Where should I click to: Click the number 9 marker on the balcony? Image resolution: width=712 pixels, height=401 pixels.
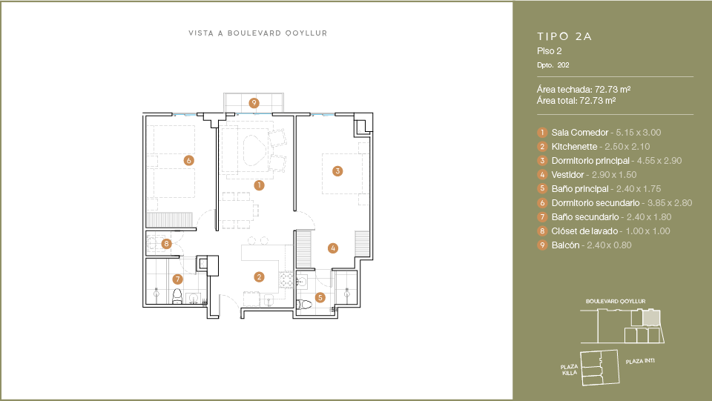tap(254, 103)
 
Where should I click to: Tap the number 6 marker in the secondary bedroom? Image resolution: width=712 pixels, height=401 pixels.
tap(189, 160)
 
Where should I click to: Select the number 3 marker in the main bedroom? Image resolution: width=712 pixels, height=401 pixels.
tap(337, 171)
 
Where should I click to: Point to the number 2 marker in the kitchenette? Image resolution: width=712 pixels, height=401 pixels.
tap(260, 276)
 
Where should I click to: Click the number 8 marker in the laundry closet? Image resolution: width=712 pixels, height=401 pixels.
tap(167, 244)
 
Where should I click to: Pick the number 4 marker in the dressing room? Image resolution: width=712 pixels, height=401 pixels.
tap(333, 248)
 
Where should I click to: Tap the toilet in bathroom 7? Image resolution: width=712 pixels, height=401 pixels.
tap(177, 296)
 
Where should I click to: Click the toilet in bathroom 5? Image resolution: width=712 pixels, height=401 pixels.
tap(304, 305)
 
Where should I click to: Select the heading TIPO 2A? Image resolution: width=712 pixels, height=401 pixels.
tap(564, 36)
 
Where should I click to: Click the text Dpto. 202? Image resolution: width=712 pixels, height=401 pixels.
tap(553, 65)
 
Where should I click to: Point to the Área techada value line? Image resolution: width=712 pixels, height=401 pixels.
tap(584, 90)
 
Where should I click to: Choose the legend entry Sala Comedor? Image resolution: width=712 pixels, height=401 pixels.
tap(579, 133)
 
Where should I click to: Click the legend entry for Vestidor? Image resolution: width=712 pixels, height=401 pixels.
tap(567, 175)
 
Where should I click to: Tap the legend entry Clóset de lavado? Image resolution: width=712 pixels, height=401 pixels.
tap(584, 231)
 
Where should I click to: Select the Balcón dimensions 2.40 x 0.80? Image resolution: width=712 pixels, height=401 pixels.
tap(610, 245)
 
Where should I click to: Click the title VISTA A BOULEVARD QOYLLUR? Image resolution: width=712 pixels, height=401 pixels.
tap(258, 33)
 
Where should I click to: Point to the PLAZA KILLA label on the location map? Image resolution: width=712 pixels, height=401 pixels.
tap(570, 370)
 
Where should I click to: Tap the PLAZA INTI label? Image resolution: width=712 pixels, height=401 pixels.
tap(640, 361)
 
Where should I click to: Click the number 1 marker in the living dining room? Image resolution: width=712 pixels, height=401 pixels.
tap(260, 185)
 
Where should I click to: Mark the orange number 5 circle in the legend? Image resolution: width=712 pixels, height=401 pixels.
tap(542, 189)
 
